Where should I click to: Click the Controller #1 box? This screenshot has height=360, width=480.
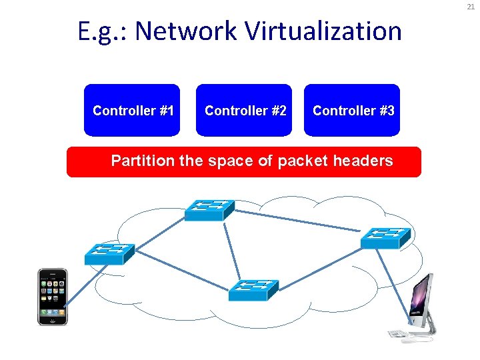(x=133, y=110)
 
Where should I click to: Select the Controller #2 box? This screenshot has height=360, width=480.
(x=245, y=110)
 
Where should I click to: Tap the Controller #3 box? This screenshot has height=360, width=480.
(x=353, y=110)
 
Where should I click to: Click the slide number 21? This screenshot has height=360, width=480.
(x=470, y=7)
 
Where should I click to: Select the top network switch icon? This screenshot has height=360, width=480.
(x=209, y=210)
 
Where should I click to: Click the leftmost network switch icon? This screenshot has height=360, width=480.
(x=109, y=253)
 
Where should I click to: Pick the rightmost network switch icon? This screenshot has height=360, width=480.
(x=385, y=237)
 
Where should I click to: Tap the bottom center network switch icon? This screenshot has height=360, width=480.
(x=253, y=290)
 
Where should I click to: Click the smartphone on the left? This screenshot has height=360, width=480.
(x=53, y=297)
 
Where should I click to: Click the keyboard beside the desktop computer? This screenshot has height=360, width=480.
(x=398, y=333)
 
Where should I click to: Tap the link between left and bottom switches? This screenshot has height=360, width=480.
(x=180, y=272)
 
